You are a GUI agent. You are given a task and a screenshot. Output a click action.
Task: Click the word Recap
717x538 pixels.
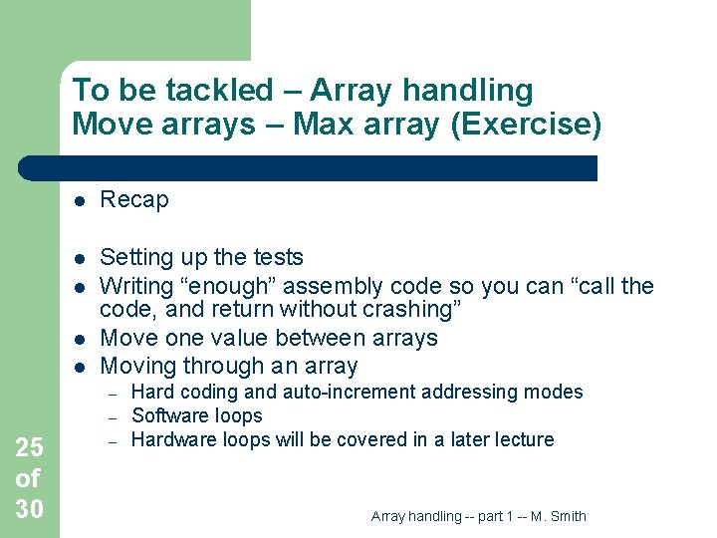(134, 200)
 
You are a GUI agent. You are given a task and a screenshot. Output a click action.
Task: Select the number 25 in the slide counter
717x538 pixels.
(29, 448)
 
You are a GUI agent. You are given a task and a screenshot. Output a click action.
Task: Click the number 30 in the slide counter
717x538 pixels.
(29, 509)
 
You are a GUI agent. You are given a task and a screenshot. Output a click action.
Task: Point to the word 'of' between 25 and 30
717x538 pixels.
(27, 479)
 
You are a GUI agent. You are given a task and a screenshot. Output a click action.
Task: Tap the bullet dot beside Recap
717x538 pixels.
(80, 200)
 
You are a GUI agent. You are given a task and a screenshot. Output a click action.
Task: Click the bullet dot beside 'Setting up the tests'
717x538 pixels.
(80, 258)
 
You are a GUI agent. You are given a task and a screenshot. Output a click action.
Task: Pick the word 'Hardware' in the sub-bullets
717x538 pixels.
(170, 439)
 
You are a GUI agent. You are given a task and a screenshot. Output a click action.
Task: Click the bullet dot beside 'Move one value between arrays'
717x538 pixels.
(80, 339)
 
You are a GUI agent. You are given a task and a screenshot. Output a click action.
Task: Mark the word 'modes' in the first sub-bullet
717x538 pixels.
(554, 392)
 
